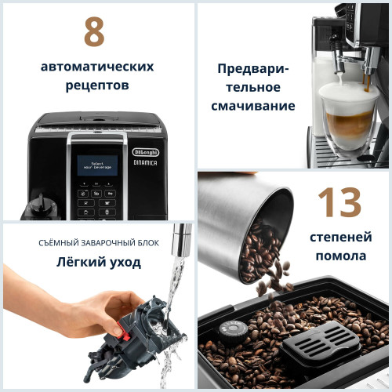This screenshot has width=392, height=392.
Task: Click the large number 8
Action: coord(94,31)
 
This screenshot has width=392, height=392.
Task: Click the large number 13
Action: coord(340,203)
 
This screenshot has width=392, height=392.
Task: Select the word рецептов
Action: coord(96,85)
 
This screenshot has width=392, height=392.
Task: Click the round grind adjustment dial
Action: coord(231,329)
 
